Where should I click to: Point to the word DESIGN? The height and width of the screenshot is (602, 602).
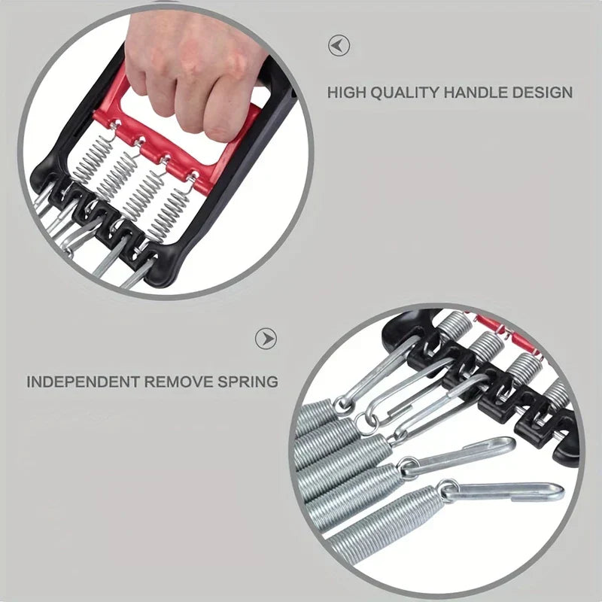point(537,93)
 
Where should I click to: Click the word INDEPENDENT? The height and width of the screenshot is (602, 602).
point(83,382)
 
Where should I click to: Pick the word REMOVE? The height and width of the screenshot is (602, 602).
point(178,382)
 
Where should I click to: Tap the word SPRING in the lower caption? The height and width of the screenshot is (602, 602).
point(248,382)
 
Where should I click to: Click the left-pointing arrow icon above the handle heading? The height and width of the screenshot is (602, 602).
point(339,46)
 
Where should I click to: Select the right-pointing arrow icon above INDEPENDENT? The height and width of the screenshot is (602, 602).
point(266,339)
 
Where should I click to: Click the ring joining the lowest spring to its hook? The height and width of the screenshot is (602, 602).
point(446,490)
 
